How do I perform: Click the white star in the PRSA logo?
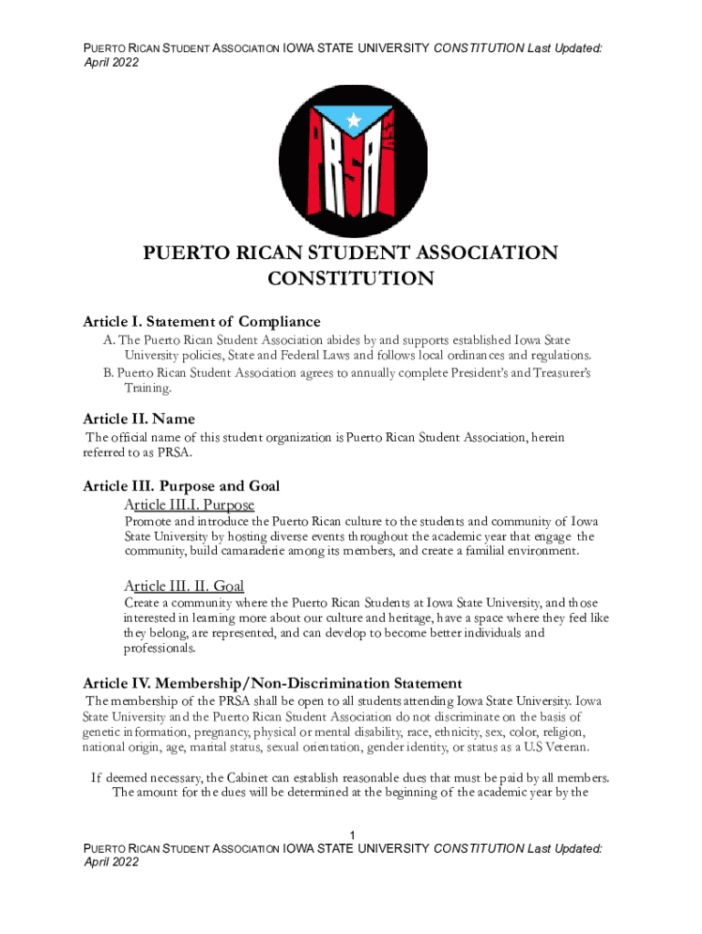(354, 118)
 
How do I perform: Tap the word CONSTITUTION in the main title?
(350, 279)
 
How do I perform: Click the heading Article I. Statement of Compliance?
(201, 321)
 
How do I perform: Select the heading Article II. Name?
(139, 419)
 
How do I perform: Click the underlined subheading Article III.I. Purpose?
(189, 504)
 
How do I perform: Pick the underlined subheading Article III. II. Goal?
(183, 586)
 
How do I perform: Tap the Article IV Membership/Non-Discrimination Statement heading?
(273, 683)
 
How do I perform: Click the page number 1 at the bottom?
(351, 836)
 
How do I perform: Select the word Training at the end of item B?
(147, 389)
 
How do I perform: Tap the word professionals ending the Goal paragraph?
(159, 649)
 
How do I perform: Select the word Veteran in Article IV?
(564, 748)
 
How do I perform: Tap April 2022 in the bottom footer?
(111, 862)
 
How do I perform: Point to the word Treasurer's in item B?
(553, 374)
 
